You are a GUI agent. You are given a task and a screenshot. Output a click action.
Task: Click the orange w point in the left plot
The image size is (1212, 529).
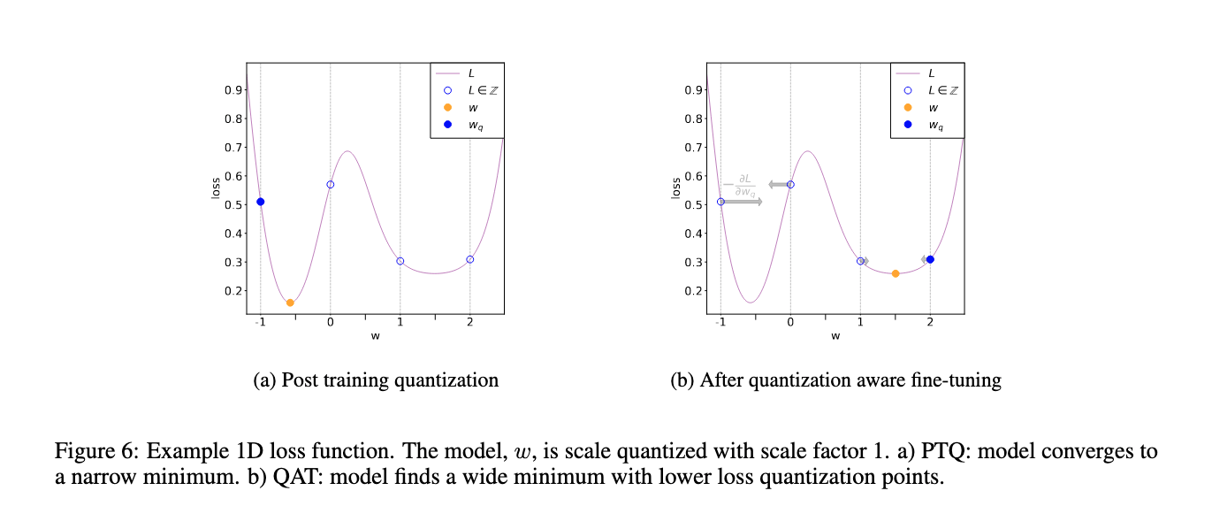[x=290, y=303]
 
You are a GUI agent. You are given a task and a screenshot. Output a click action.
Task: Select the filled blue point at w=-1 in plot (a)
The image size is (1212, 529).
[x=261, y=202]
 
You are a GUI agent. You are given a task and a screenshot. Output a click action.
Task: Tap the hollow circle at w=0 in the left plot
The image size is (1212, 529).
[x=331, y=184]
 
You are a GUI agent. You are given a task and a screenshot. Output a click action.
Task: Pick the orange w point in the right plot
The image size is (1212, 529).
[x=896, y=273]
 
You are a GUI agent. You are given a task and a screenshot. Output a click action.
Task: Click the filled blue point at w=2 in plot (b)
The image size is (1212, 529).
[x=930, y=259]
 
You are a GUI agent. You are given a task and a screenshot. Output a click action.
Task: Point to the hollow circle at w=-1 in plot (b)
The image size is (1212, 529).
[x=720, y=202]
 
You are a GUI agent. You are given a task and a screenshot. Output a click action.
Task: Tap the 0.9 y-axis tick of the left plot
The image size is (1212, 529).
[x=233, y=90]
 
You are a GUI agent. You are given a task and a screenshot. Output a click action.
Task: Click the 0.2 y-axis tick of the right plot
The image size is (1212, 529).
[x=694, y=291]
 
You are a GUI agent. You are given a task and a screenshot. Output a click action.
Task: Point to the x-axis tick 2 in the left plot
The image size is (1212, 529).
[x=469, y=323]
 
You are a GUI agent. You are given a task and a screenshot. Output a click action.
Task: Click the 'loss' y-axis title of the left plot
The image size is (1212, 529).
[x=216, y=187]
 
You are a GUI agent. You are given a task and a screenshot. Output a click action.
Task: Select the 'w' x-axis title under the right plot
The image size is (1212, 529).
[x=835, y=336]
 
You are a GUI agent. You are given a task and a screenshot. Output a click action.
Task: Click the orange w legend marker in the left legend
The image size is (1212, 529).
[x=447, y=108]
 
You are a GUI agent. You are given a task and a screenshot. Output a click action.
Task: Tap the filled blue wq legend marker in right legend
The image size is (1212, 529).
[x=908, y=125]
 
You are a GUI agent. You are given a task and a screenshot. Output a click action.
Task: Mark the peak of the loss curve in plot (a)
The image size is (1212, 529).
[x=347, y=151]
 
